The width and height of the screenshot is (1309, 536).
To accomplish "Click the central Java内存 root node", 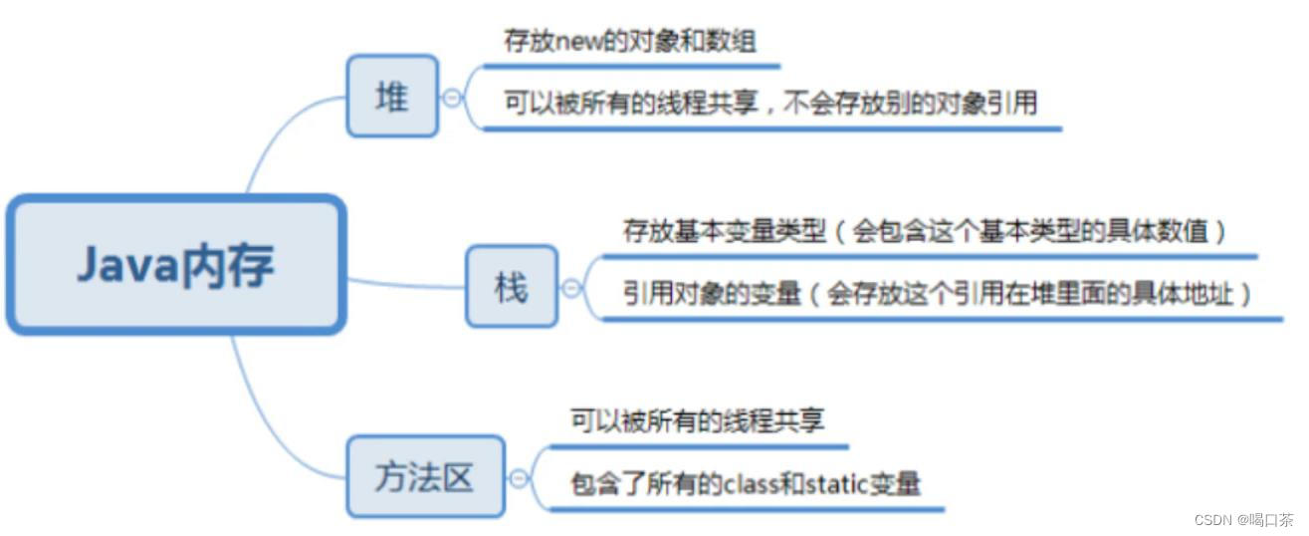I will click(176, 265).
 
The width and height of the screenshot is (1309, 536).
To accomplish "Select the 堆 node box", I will click(391, 96).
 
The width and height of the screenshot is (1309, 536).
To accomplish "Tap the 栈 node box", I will click(511, 286).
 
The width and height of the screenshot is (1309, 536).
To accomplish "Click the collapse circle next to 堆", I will click(454, 98).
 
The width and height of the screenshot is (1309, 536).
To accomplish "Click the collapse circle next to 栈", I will click(572, 288).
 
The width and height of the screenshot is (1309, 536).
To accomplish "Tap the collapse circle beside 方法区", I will click(519, 479).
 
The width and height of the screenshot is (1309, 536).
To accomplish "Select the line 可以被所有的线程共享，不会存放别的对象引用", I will click(770, 104).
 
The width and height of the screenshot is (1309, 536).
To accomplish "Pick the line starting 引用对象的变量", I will click(938, 294).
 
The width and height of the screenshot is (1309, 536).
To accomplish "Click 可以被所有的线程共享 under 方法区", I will click(697, 420).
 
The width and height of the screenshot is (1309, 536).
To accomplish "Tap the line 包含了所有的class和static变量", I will click(746, 484).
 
